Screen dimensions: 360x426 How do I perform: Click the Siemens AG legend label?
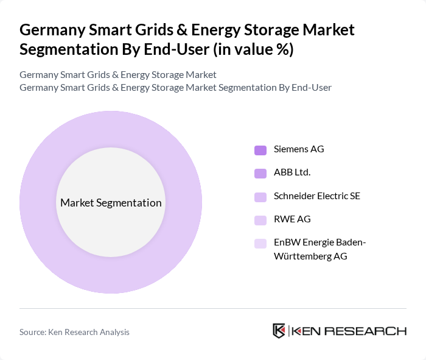click(299, 149)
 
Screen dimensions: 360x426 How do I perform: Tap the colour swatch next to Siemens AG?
click(260, 150)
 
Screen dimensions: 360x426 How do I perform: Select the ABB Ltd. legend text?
click(292, 172)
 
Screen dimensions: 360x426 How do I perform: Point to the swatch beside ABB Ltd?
click(260, 173)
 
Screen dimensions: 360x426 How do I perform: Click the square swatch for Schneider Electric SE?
click(260, 197)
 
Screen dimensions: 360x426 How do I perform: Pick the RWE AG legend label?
click(292, 219)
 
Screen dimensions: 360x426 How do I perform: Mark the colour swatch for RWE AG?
click(260, 220)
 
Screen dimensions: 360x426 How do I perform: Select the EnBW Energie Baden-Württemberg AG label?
click(319, 249)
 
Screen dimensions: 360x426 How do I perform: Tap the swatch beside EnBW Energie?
click(260, 243)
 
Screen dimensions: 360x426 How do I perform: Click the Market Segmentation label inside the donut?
click(111, 203)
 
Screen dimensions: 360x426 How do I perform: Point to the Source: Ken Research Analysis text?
click(74, 332)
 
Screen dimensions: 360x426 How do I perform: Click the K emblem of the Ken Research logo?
click(279, 331)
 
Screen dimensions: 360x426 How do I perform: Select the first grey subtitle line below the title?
click(117, 75)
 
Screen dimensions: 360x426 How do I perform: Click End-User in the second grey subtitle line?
click(311, 87)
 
